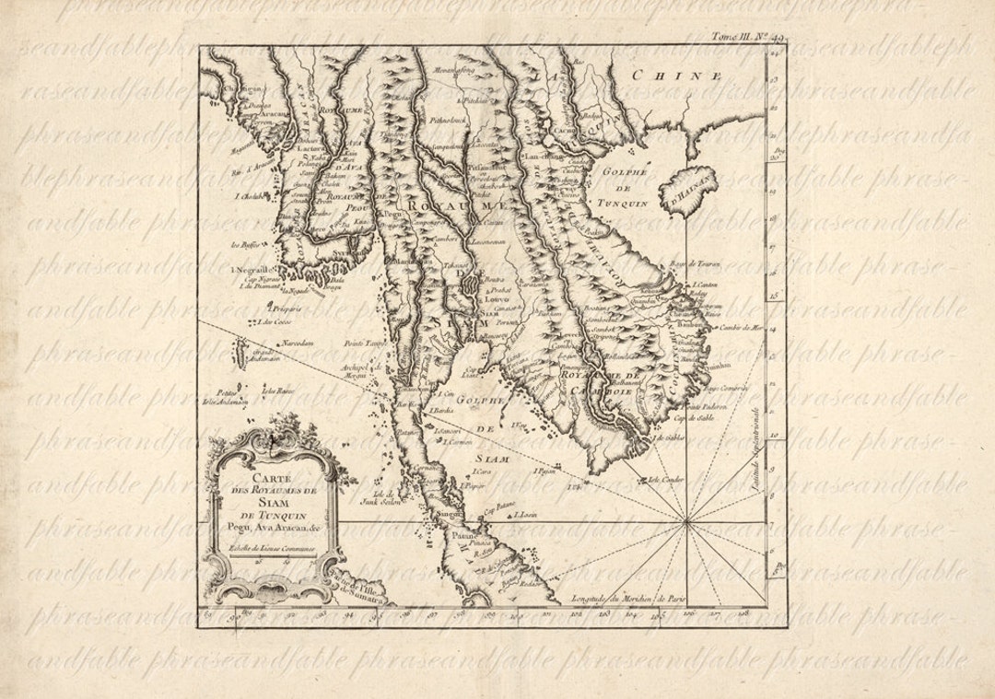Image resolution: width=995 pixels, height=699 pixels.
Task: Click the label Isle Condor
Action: (x=667, y=479)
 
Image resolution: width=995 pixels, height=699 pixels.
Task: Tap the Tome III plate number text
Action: (x=742, y=38)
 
